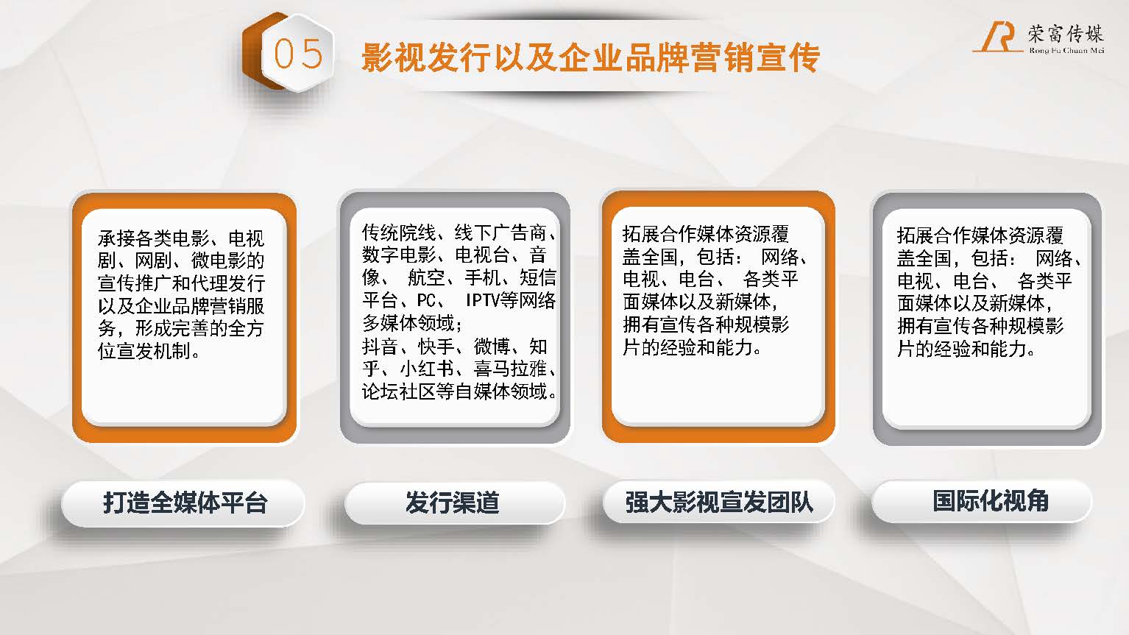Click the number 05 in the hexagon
click(298, 54)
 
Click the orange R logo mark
click(998, 38)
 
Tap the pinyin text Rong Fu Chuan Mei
click(1066, 50)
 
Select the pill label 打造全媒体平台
click(185, 503)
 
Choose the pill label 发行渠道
click(453, 503)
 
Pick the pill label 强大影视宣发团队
click(719, 502)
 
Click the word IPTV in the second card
click(484, 300)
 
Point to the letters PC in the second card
click(426, 300)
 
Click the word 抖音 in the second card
click(380, 347)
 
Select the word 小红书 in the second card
click(427, 369)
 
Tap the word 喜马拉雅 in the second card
click(510, 369)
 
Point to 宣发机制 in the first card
click(154, 351)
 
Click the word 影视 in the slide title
click(393, 58)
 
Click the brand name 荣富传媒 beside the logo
click(1066, 33)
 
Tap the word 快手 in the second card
click(436, 347)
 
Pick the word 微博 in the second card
click(492, 347)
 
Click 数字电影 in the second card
click(399, 255)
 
